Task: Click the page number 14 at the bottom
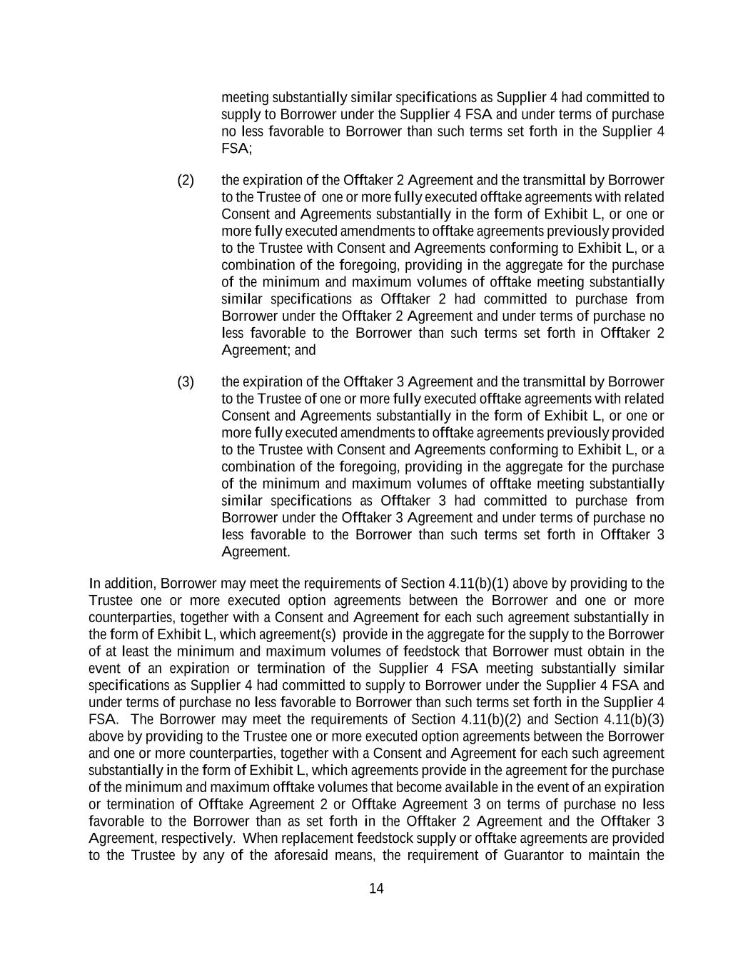tap(376, 889)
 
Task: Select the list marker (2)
tap(186, 180)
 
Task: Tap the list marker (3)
tap(186, 381)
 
